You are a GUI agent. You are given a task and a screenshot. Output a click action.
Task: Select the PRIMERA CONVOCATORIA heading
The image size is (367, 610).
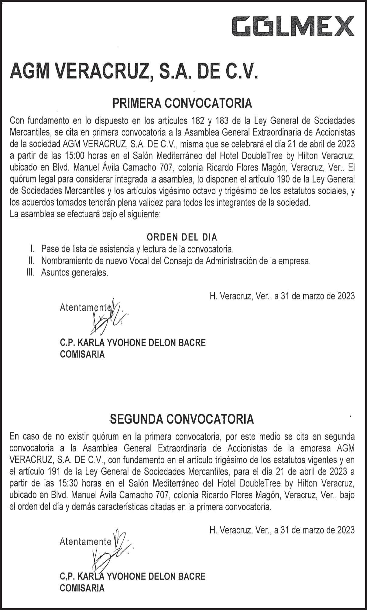point(182,104)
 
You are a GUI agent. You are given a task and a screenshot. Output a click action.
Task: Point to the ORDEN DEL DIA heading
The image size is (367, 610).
point(182,237)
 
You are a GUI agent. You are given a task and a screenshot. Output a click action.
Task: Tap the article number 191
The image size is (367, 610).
point(55,472)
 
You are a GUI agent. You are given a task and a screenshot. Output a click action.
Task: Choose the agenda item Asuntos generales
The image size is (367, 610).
point(75,273)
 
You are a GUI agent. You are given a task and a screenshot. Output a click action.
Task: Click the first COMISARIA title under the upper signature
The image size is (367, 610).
point(82,355)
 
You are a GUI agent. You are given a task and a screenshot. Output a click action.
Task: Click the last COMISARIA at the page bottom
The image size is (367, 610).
point(82,588)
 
